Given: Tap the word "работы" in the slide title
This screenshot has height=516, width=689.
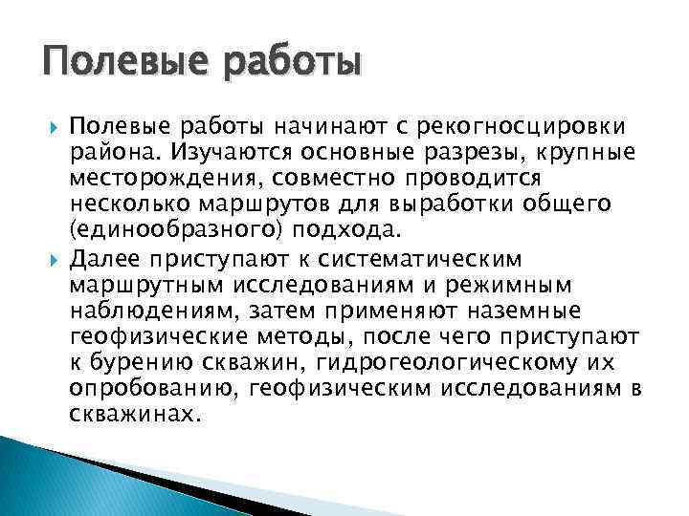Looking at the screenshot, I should tap(286, 64).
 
